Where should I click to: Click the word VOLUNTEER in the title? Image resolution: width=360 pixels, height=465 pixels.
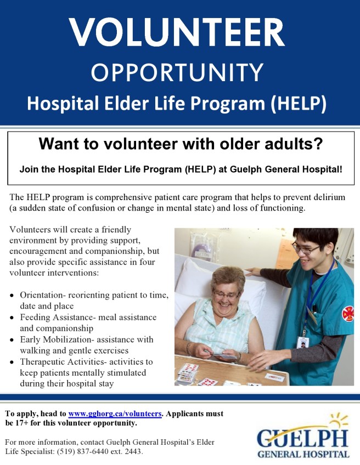point(177,32)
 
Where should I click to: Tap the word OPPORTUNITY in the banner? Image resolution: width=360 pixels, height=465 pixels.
point(177,72)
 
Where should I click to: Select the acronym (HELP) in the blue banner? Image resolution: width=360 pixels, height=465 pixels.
point(299,104)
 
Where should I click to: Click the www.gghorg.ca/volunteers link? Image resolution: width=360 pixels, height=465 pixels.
point(115,413)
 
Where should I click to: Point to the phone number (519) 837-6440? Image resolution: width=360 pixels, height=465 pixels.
point(84,452)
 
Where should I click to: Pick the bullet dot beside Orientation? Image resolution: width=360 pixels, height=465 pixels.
point(12,296)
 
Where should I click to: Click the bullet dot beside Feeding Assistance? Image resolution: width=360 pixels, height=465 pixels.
point(12,317)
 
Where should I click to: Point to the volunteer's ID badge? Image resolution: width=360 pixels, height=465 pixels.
point(303,342)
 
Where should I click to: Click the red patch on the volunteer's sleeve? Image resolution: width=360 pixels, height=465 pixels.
point(348,314)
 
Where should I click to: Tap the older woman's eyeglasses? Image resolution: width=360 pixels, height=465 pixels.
point(226,295)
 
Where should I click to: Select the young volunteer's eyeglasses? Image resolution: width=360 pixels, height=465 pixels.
point(306,249)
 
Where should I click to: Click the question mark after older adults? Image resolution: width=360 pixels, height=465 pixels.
point(318,144)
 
